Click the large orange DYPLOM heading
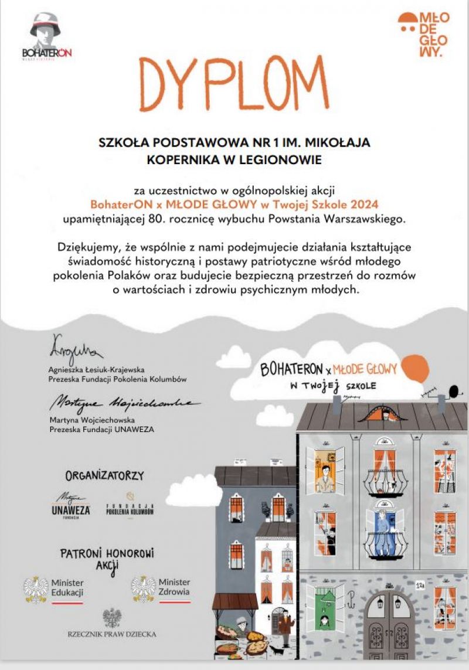pos(234,86)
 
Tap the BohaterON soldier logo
pos(46,35)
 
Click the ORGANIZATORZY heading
pos(104,475)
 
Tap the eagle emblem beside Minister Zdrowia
pos(144,588)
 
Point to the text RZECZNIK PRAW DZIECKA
pos(112,634)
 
